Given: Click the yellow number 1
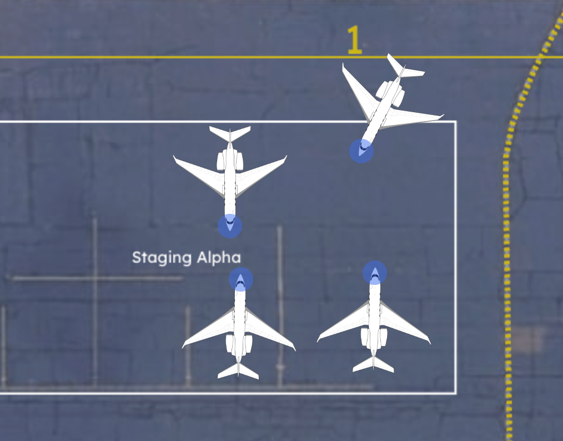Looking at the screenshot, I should coord(354,41).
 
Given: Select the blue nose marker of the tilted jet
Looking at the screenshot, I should coord(361,151).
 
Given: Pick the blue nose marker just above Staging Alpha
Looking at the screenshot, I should coord(230,226).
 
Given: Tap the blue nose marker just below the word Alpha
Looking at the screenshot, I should coord(241,279).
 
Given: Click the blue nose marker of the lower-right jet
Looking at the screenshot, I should coord(375,273).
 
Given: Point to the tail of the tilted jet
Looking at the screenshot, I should coord(405,69).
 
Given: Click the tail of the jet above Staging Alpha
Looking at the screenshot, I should coord(230,133).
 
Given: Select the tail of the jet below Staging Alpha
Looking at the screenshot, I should coord(238,371).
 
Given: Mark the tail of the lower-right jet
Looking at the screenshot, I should coord(374,364).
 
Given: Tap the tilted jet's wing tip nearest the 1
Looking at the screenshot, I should coord(344,66).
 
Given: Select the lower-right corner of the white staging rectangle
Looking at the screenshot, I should coord(455,393).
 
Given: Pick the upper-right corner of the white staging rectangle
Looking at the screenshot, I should coord(455,122).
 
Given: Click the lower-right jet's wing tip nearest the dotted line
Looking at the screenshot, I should coord(429,341).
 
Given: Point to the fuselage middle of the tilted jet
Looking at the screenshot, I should coord(381,111).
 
